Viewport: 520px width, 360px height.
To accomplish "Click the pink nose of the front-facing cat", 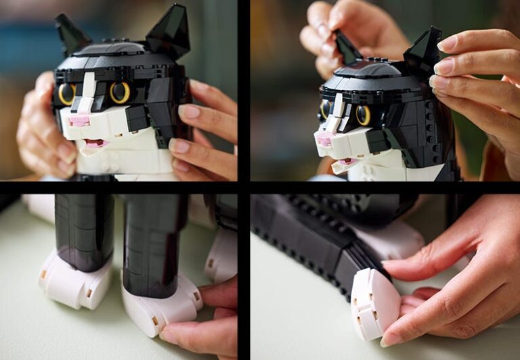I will click(x=79, y=120).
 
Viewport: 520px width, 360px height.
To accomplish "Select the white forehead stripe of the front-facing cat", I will click(x=87, y=91).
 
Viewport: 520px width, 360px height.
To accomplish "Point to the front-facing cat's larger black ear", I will click(x=169, y=31).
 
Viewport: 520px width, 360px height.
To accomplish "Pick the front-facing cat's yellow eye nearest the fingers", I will click(x=120, y=93).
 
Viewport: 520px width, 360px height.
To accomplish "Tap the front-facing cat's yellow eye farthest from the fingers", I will click(x=66, y=94).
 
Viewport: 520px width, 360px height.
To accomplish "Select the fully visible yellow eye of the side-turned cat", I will click(x=364, y=114).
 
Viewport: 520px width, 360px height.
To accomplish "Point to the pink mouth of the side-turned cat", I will click(x=346, y=163).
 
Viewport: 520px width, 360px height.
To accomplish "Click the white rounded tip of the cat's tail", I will click(x=374, y=302).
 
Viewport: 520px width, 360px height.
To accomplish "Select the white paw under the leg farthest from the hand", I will click(x=74, y=279).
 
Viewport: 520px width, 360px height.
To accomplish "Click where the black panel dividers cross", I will click(x=244, y=187).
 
